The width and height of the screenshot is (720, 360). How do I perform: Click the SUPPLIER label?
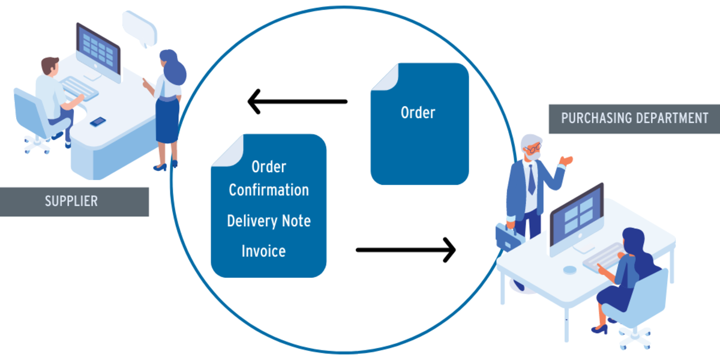tap(71, 201)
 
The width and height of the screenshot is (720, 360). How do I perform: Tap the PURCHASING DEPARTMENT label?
tap(634, 118)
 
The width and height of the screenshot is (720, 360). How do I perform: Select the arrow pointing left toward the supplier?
tap(297, 101)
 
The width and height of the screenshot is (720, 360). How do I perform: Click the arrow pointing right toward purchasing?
tap(406, 249)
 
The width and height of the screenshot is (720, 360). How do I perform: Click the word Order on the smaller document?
tap(418, 112)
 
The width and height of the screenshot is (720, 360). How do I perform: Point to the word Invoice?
tap(263, 251)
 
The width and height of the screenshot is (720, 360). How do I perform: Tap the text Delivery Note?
tap(268, 221)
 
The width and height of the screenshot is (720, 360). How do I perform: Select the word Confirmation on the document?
tap(268, 190)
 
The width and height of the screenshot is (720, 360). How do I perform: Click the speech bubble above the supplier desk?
tap(139, 27)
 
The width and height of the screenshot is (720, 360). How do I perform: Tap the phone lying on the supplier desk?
tap(98, 122)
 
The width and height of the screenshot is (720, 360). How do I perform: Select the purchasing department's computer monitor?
tap(575, 213)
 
